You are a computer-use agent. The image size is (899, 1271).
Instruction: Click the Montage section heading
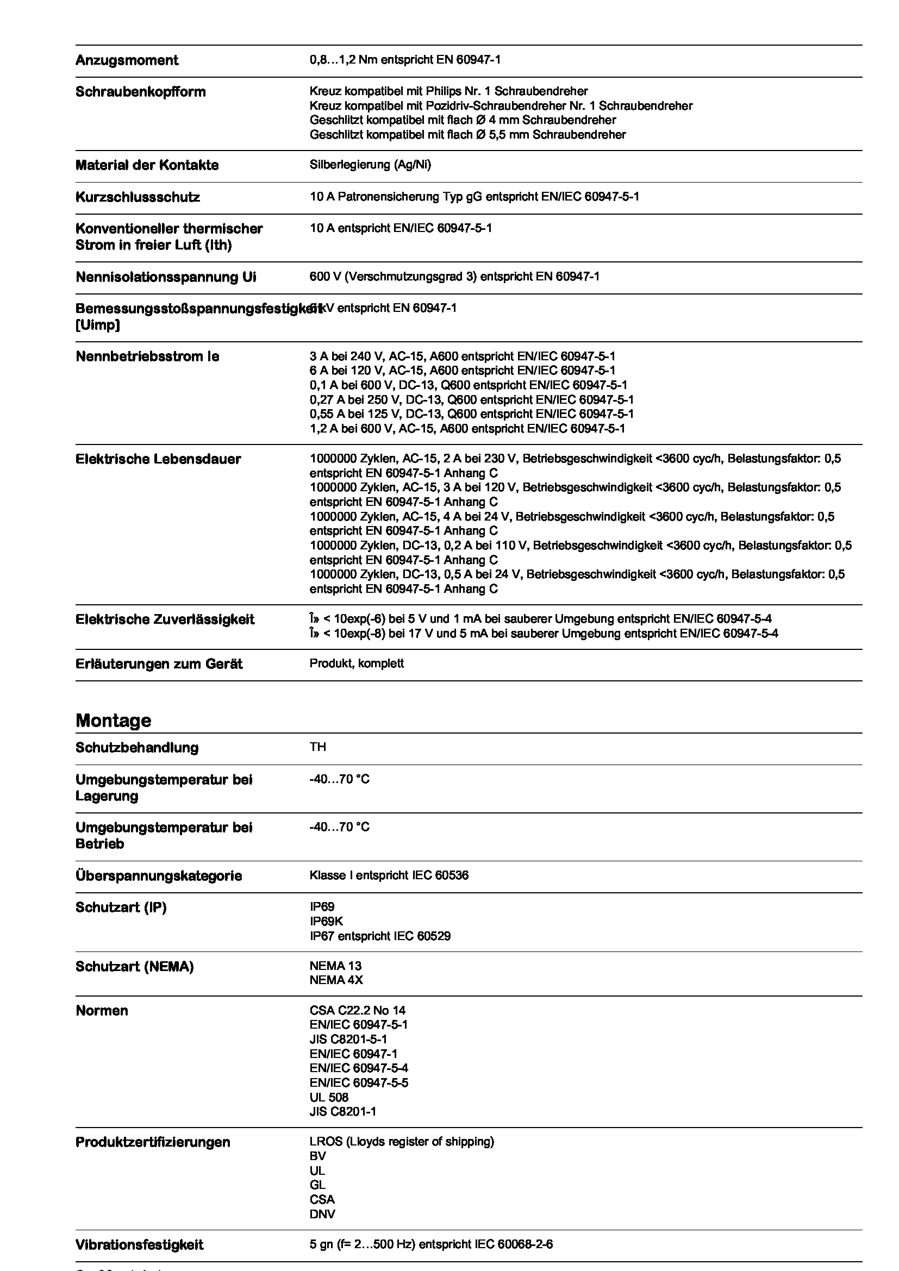pyautogui.click(x=113, y=720)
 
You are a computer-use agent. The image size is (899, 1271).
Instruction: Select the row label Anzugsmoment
pyautogui.click(x=127, y=60)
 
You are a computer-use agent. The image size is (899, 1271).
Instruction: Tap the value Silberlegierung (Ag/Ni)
pyautogui.click(x=370, y=165)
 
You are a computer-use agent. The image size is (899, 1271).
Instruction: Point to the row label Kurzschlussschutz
pyautogui.click(x=138, y=197)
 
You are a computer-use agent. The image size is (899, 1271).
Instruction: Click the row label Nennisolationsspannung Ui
pyautogui.click(x=166, y=277)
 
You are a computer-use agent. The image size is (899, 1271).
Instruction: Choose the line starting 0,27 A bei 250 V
pyautogui.click(x=471, y=400)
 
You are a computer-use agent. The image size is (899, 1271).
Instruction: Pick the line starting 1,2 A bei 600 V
pyautogui.click(x=467, y=428)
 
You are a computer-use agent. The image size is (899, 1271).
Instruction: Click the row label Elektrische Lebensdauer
pyautogui.click(x=158, y=459)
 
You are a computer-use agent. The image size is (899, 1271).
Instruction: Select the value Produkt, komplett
pyautogui.click(x=357, y=663)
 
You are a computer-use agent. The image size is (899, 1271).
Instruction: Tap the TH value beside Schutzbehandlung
pyautogui.click(x=318, y=747)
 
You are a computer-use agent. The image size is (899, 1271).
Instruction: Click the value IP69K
pyautogui.click(x=326, y=921)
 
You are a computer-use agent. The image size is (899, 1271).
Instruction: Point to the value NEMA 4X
pyautogui.click(x=336, y=980)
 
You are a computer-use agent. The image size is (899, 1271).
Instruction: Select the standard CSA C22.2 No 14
pyautogui.click(x=357, y=1010)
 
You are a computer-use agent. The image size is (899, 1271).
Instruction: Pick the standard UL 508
pyautogui.click(x=329, y=1097)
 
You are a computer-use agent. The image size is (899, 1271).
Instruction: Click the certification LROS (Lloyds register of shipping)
pyautogui.click(x=401, y=1142)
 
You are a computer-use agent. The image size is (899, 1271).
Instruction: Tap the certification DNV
pyautogui.click(x=322, y=1214)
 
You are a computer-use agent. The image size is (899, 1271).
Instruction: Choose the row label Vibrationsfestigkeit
pyautogui.click(x=139, y=1245)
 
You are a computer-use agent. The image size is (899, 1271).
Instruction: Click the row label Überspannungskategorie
pyautogui.click(x=158, y=876)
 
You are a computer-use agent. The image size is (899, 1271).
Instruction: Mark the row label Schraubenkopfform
pyautogui.click(x=140, y=92)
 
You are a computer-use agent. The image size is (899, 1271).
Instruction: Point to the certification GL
pyautogui.click(x=317, y=1185)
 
